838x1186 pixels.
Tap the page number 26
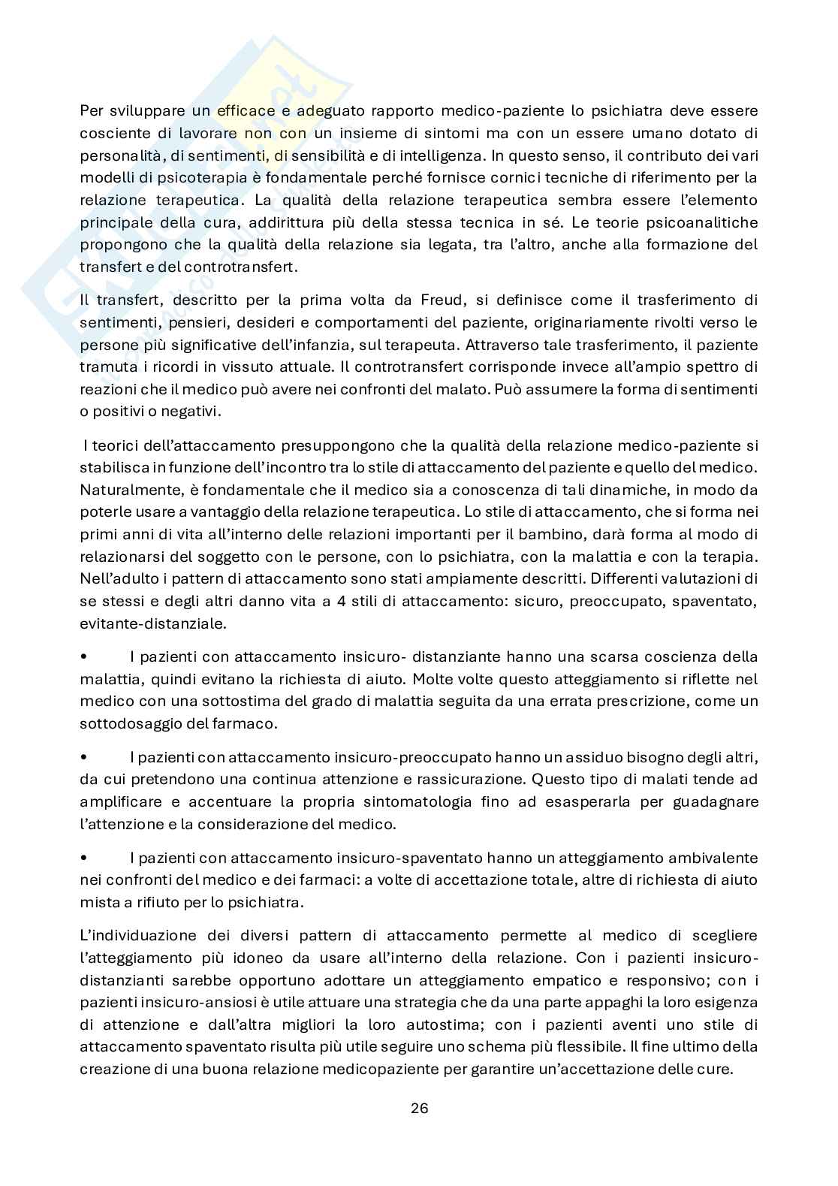(x=419, y=1108)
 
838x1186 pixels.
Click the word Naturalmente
(x=128, y=490)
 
